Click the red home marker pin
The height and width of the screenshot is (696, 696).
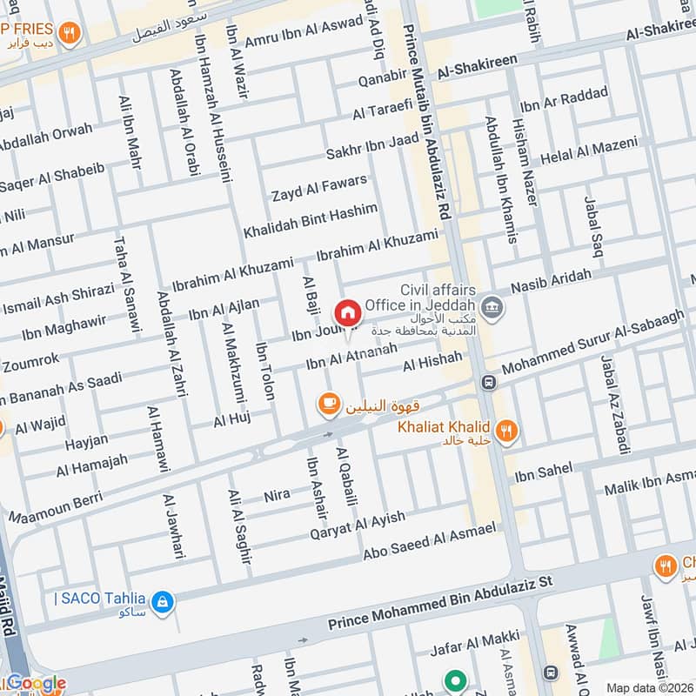(347, 313)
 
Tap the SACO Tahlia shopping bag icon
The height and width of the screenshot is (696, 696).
(162, 600)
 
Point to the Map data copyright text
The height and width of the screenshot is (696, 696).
(649, 687)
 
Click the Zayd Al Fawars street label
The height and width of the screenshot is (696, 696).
(318, 187)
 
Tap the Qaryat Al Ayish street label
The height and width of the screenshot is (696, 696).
(356, 525)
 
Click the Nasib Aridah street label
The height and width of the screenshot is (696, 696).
(552, 281)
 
